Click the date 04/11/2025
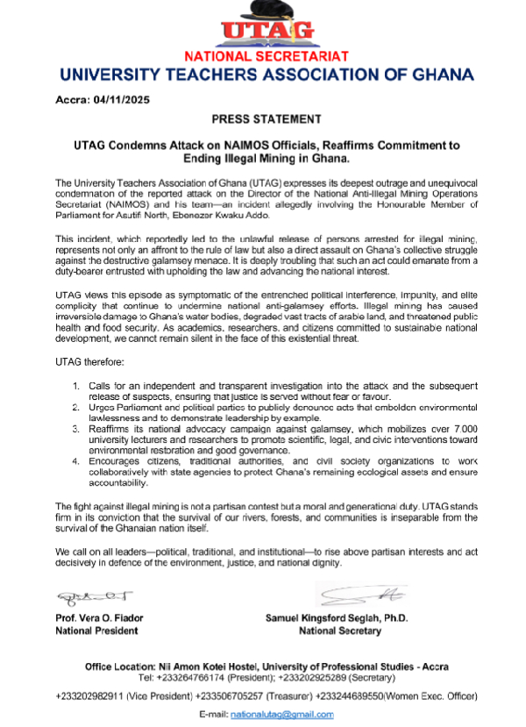click(121, 99)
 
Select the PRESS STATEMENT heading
click(266, 118)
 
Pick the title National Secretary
click(340, 631)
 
